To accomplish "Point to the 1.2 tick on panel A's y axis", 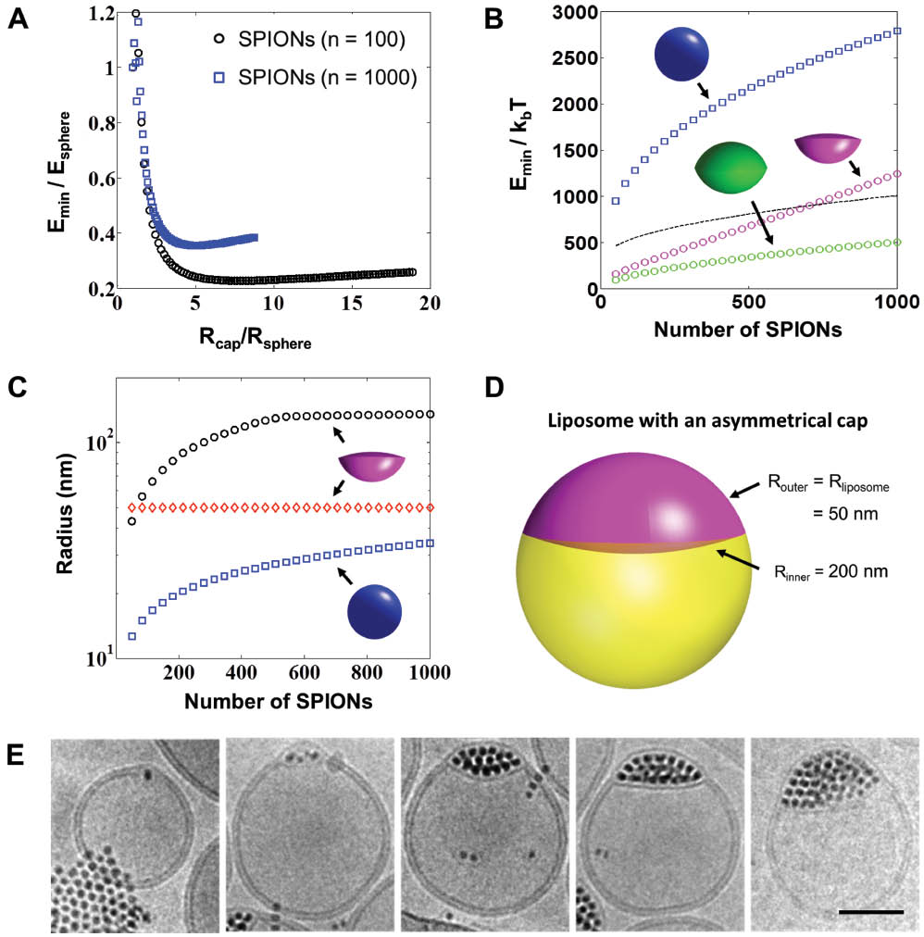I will point(90,14).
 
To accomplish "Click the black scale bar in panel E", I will point(870,911).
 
